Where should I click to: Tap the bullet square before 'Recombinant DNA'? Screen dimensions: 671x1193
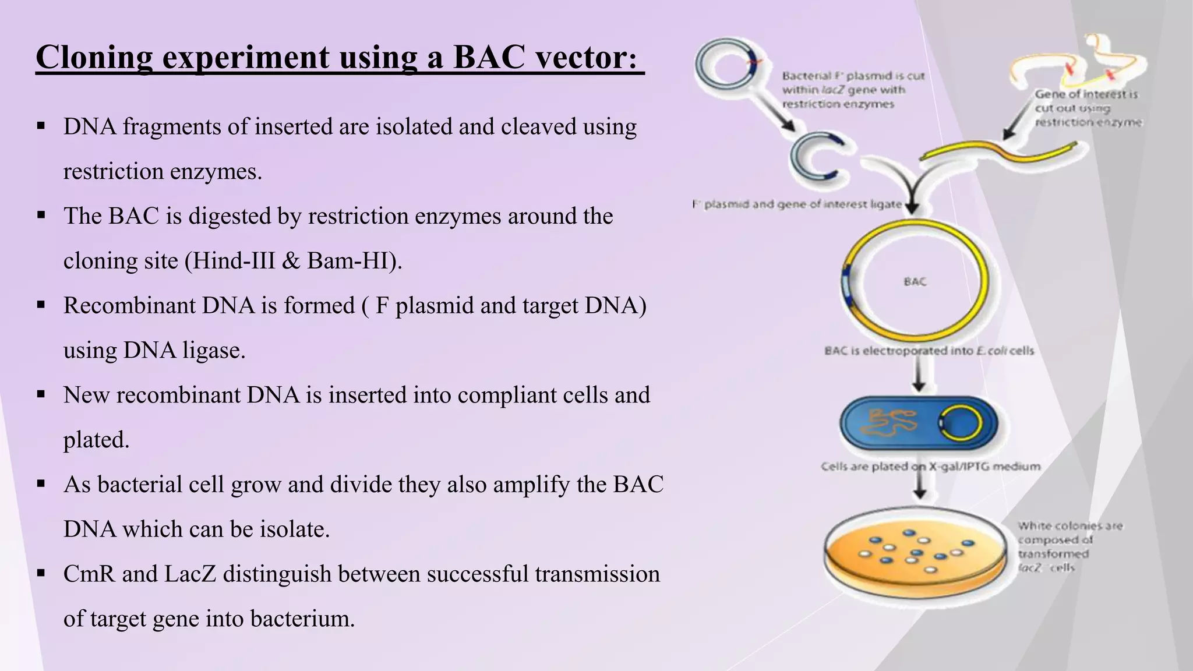(41, 305)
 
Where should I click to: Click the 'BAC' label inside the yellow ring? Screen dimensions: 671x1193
(915, 282)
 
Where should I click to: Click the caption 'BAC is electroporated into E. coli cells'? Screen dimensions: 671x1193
(929, 351)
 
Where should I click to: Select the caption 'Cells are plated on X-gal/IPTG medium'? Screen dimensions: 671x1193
(930, 467)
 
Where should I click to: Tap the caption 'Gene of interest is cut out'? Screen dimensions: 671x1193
(1087, 108)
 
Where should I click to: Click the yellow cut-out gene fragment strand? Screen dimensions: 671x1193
(999, 149)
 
